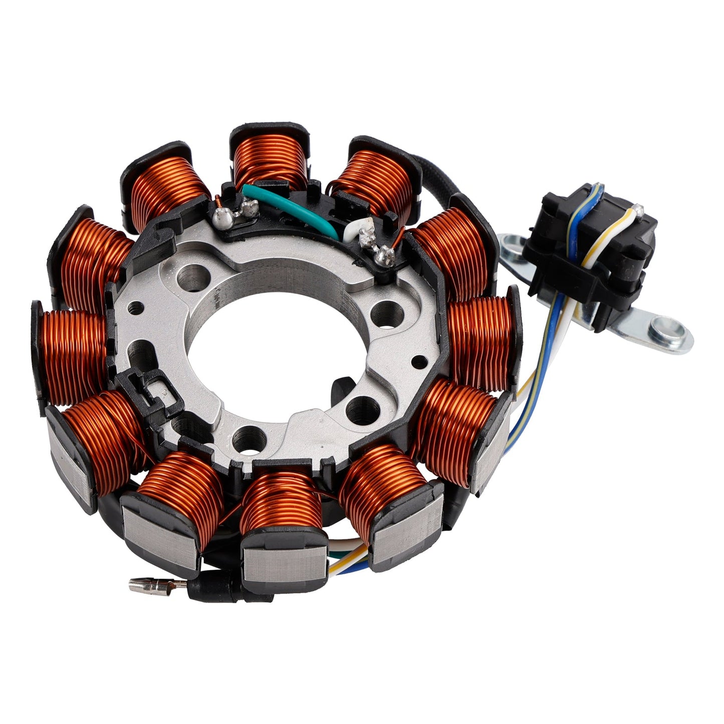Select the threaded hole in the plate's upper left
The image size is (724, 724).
195,274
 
